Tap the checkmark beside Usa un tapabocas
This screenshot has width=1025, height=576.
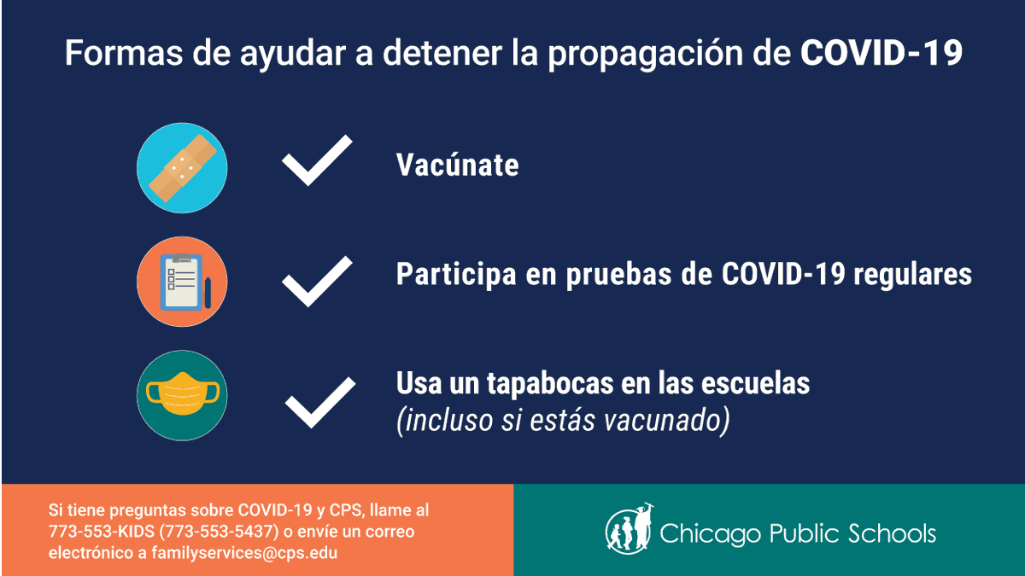click(x=319, y=401)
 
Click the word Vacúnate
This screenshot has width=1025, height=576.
click(x=457, y=165)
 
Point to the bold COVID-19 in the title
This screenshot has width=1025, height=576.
click(x=881, y=54)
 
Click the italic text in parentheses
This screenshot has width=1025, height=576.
click(x=562, y=421)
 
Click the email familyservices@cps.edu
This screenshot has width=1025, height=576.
click(x=243, y=552)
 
